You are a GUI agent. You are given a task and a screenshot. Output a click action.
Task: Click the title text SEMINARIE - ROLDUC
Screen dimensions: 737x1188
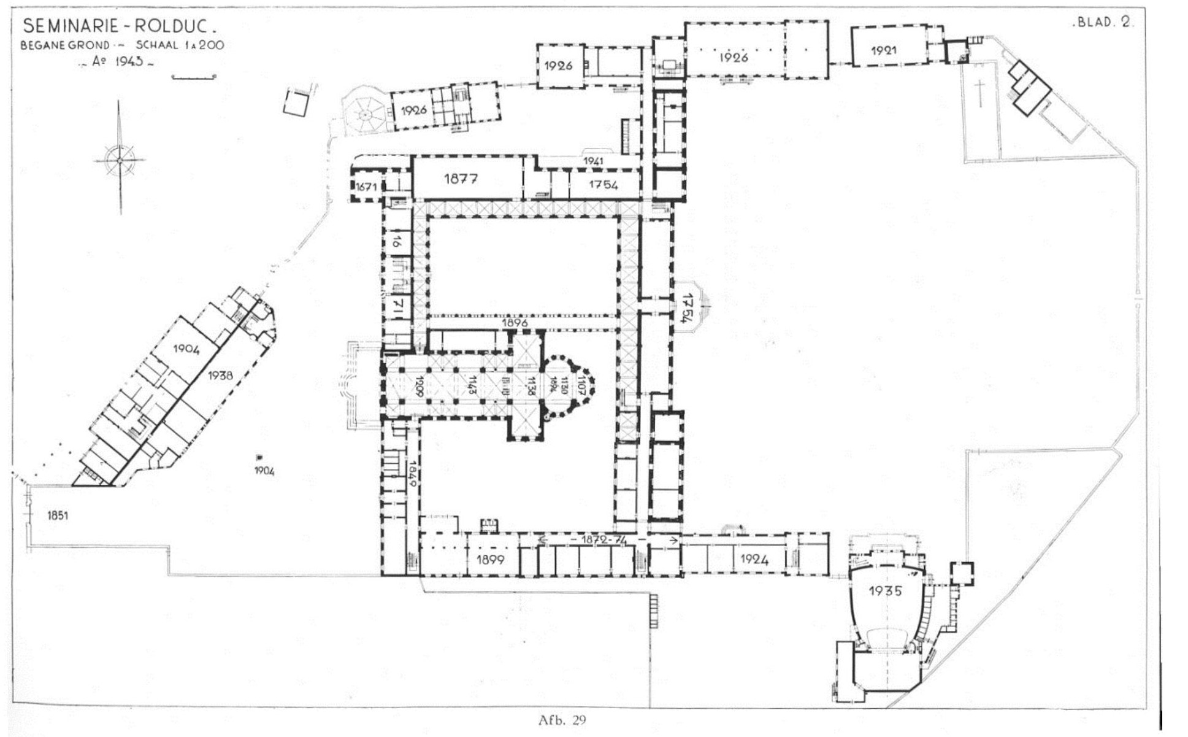(x=119, y=26)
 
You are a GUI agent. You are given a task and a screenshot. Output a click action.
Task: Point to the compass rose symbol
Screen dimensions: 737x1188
(x=120, y=160)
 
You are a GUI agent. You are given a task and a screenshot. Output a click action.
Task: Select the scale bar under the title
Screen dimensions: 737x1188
(x=194, y=77)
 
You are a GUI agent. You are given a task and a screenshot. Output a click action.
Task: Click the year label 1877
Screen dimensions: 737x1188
(x=461, y=179)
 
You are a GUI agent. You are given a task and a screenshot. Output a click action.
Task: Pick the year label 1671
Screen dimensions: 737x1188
(x=366, y=186)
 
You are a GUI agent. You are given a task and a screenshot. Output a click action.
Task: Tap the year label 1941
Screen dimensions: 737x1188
(x=593, y=161)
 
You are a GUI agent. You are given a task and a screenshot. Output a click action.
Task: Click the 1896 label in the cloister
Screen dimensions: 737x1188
(x=515, y=322)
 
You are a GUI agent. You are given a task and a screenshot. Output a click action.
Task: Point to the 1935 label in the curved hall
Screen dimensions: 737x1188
(x=885, y=591)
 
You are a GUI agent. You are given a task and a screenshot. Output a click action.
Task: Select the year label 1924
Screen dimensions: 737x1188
(x=754, y=559)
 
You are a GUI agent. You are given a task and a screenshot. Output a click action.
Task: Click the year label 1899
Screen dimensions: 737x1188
(x=490, y=560)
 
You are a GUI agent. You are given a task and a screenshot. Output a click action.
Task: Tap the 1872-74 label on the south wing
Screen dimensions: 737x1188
(x=604, y=539)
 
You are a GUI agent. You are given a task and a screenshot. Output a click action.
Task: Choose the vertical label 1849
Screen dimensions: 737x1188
(x=413, y=473)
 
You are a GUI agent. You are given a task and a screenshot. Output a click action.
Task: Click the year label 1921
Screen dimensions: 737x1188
(x=884, y=50)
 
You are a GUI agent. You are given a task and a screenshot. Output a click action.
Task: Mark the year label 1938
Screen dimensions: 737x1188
(x=220, y=375)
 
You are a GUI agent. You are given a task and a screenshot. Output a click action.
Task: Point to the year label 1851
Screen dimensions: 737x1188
(x=58, y=515)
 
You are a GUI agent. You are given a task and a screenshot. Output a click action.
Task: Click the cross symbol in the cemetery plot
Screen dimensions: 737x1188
(x=979, y=92)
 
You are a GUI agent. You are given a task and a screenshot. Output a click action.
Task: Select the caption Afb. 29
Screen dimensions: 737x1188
(x=562, y=720)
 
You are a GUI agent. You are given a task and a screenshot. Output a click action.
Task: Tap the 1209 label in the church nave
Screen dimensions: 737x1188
(x=420, y=386)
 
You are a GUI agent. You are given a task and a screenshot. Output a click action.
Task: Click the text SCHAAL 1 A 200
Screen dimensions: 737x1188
(x=180, y=45)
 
